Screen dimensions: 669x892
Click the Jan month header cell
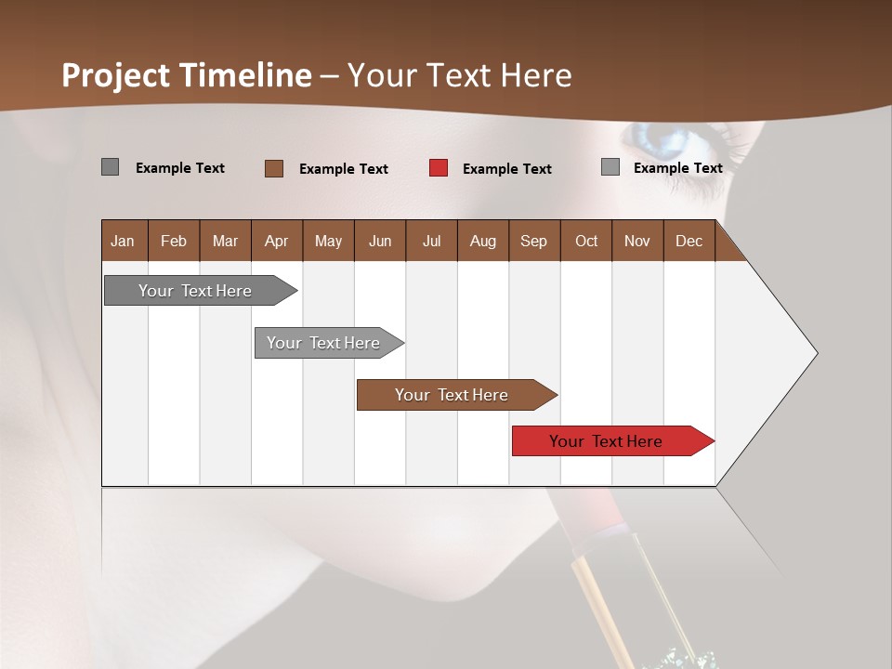pos(124,241)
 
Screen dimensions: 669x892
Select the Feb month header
pos(174,241)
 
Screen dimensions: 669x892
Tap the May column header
pos(328,241)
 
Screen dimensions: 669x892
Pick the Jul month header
pos(431,241)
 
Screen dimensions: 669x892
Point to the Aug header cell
pos(483,241)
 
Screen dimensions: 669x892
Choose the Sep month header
pos(534,241)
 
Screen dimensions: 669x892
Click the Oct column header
pos(586,241)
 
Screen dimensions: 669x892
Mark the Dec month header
pos(689,241)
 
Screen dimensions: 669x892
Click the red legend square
pos(439,168)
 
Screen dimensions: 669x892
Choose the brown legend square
pos(274,168)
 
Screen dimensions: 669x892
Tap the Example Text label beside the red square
pos(507,169)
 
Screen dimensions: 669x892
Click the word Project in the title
pos(116,75)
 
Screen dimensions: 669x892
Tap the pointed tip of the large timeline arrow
pos(815,353)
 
